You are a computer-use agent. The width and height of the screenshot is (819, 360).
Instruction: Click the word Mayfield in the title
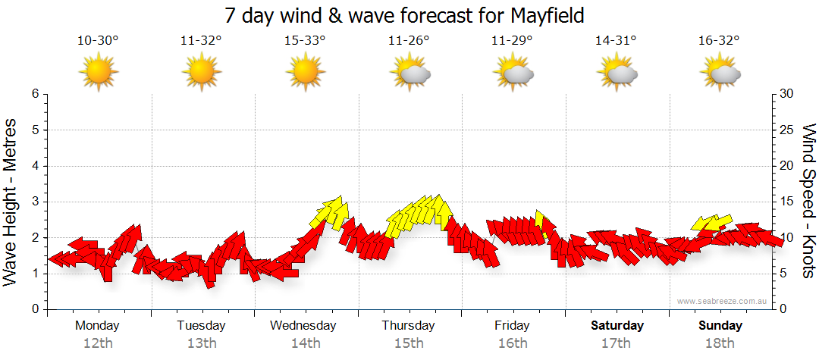click(541, 16)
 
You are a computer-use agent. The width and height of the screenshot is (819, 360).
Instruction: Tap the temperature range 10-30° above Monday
click(98, 41)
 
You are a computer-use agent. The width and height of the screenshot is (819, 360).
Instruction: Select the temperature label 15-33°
click(305, 41)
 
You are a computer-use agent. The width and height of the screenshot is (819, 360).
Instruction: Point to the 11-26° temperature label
click(409, 41)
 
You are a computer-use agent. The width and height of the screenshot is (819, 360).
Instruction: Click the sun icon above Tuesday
click(202, 73)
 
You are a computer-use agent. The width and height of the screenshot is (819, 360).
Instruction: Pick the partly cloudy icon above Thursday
click(409, 74)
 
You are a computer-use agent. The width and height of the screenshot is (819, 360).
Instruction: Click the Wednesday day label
click(303, 325)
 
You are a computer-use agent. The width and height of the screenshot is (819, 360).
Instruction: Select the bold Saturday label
click(617, 325)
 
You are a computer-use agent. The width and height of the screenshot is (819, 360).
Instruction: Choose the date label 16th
click(513, 343)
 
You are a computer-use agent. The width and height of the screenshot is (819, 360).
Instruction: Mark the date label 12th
click(98, 343)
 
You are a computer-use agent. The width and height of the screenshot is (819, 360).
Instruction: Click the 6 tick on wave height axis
click(35, 94)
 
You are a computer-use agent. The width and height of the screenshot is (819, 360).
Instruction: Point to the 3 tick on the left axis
click(35, 202)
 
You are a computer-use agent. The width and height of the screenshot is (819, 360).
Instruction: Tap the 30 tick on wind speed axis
click(787, 94)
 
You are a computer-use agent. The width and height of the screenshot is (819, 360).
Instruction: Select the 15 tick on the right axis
click(787, 202)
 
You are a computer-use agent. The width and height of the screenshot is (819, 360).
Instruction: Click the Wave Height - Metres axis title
click(11, 201)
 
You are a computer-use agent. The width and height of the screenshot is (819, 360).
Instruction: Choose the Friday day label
click(513, 325)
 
